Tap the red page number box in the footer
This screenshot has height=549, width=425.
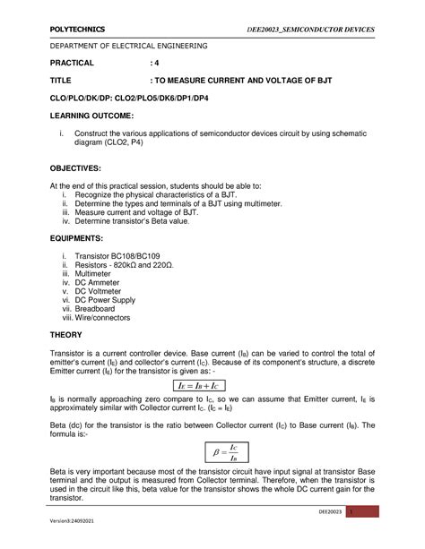377,511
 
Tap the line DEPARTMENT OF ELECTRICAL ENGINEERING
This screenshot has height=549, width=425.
127,45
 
